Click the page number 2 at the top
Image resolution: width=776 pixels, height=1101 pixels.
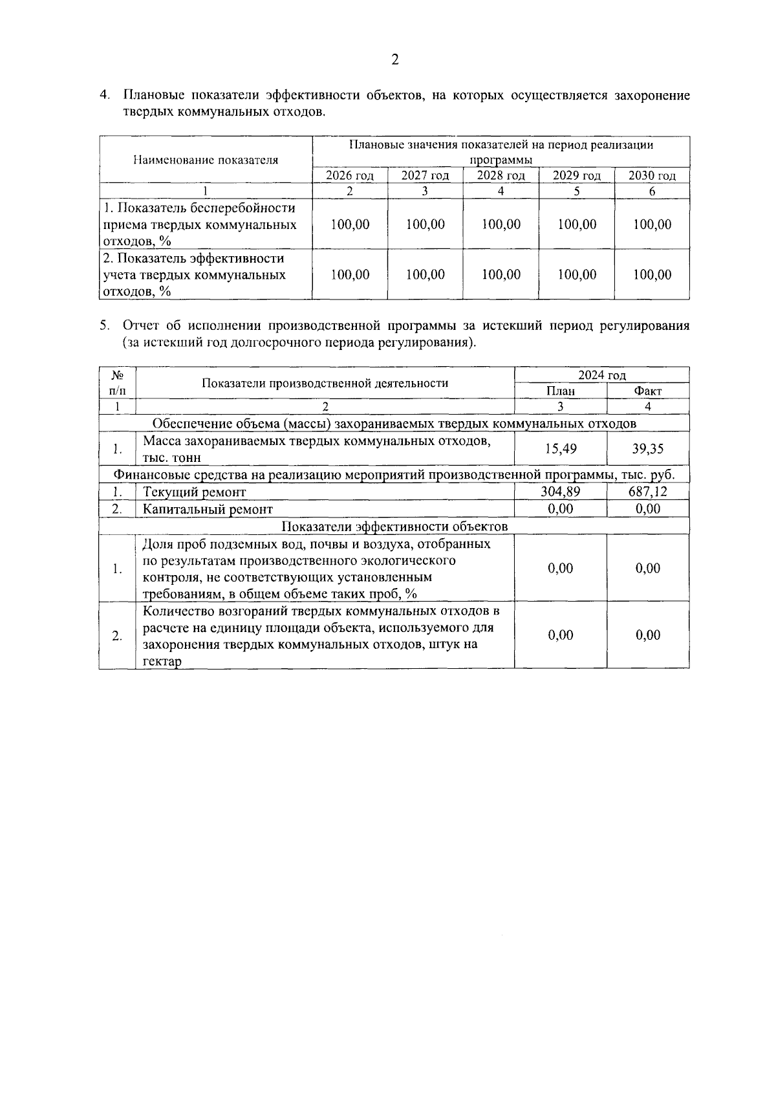[x=395, y=60]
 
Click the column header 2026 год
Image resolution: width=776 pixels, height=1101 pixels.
[x=350, y=176]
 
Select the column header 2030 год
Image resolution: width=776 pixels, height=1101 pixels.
[x=652, y=176]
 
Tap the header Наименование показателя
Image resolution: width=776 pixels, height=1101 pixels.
[x=206, y=160]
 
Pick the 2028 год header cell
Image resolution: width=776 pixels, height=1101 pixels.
[x=501, y=176]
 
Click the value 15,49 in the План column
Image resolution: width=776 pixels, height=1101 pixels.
[x=561, y=449]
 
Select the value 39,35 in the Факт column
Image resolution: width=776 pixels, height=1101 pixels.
[x=648, y=449]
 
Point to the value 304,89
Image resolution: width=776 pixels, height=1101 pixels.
[x=561, y=492]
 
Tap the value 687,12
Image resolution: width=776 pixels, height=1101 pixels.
[x=648, y=492]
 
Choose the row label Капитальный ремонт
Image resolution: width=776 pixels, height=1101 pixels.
[x=208, y=510]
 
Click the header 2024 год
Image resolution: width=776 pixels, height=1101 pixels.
[x=602, y=375]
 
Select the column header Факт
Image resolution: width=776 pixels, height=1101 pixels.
[x=648, y=391]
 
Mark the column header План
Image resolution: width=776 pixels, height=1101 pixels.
[x=561, y=391]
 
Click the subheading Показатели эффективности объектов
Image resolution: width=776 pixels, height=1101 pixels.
[x=395, y=527]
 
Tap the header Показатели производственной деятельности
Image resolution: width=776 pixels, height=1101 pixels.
[x=325, y=383]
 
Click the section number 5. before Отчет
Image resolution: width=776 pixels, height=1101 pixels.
[x=105, y=326]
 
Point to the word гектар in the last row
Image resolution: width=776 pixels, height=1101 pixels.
[x=162, y=662]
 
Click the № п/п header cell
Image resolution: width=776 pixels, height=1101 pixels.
[x=118, y=383]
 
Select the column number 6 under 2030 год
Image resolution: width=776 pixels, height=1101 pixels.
[x=652, y=191]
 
